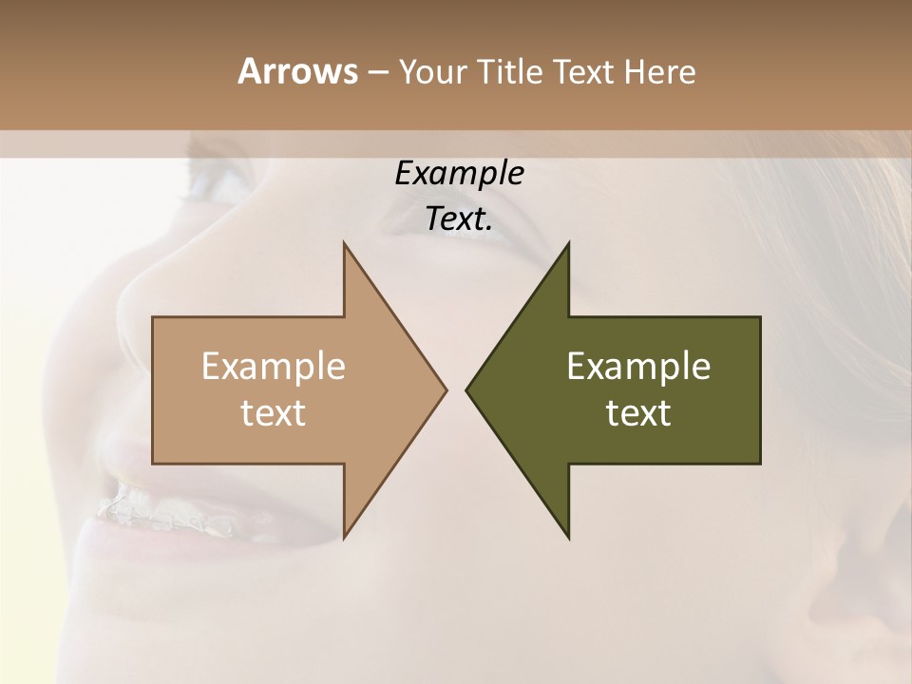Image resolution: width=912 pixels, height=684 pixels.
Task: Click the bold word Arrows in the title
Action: pos(297,71)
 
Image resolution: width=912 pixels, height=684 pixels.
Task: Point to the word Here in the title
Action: pos(660,72)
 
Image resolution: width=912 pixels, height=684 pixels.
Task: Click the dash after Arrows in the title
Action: pos(377,72)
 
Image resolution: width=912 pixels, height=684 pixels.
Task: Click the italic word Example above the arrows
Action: pos(459,173)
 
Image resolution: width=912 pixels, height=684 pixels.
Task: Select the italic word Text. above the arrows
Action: pos(459,219)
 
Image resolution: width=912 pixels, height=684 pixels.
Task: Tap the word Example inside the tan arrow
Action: pos(274,367)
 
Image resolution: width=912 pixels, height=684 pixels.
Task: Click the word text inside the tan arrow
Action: pos(274,413)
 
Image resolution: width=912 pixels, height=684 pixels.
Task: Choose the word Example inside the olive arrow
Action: pos(638,367)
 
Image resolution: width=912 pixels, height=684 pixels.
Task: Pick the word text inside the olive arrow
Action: pos(638,413)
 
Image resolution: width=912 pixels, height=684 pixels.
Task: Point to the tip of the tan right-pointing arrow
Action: pos(446,389)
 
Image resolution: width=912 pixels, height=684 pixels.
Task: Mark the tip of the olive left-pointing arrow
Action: pos(466,389)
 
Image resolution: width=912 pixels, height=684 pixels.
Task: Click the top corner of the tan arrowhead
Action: pos(344,243)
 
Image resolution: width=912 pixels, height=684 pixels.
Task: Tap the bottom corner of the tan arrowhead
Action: pos(344,538)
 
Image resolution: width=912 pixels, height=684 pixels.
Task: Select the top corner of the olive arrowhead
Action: pos(569,243)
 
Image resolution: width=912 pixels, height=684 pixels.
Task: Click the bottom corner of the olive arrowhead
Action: pos(569,539)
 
